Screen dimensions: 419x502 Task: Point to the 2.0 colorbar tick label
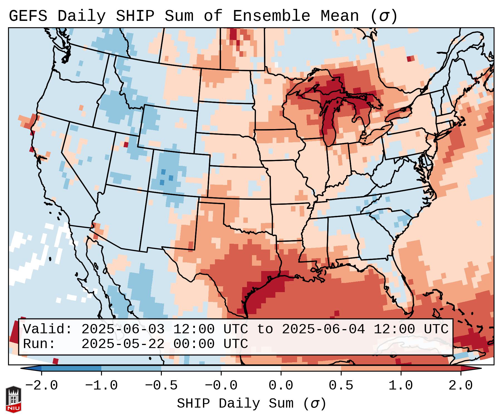(461, 386)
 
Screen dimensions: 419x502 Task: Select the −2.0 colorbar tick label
(41, 386)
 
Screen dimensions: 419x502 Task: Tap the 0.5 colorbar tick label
(341, 386)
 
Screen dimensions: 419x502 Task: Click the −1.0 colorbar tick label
(101, 386)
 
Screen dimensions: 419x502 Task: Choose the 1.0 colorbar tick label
(401, 386)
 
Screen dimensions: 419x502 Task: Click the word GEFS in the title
(28, 16)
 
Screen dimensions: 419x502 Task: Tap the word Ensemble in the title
(271, 16)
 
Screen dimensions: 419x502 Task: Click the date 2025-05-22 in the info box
(123, 344)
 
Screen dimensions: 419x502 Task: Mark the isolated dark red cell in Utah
(126, 144)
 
